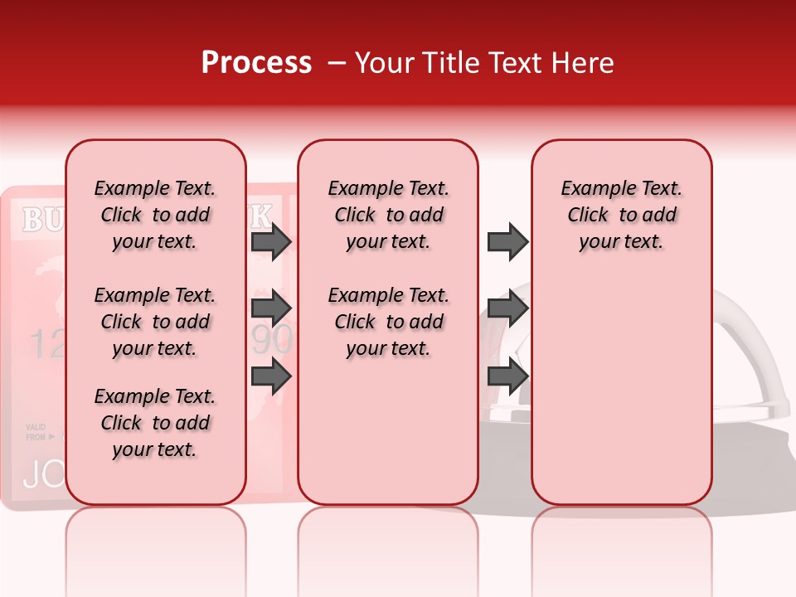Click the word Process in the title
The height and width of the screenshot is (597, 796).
[256, 63]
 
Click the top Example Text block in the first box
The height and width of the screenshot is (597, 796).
[155, 215]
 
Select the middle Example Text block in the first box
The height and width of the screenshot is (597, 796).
[155, 322]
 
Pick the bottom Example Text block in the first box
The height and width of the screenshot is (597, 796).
[155, 423]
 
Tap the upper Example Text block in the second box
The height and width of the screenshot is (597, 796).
[388, 215]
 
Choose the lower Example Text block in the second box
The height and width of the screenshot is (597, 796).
[388, 322]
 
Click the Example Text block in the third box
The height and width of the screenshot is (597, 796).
[621, 215]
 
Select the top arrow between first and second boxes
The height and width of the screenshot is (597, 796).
[271, 242]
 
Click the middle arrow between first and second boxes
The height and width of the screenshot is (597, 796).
[271, 308]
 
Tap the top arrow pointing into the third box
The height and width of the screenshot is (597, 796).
[507, 242]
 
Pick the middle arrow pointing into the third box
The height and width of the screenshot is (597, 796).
[507, 308]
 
